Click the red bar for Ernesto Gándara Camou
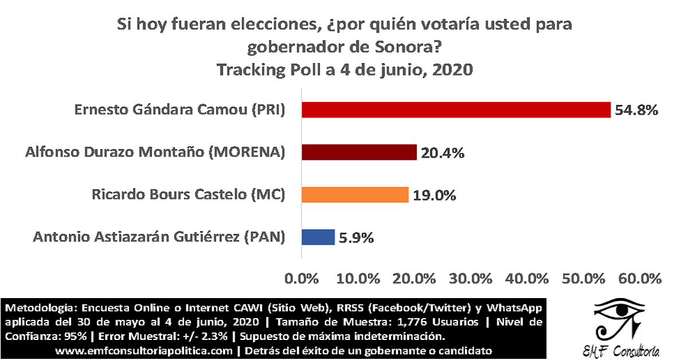pos(456,109)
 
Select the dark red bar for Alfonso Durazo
pos(359,152)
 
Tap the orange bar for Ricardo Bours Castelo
pos(355,194)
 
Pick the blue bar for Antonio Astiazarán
pos(318,237)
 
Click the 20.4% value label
pos(441,152)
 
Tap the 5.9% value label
pos(355,237)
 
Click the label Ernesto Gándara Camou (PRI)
pos(179,110)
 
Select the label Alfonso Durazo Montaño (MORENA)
pos(155,152)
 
